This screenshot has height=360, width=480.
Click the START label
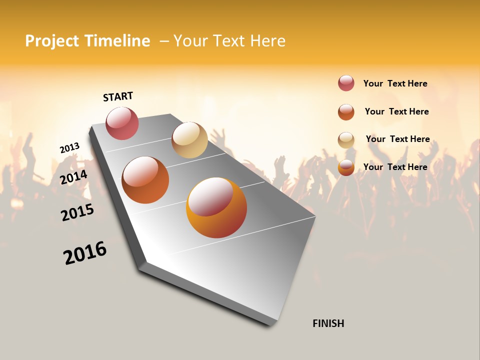pyautogui.click(x=118, y=96)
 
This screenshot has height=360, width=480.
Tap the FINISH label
pyautogui.click(x=328, y=323)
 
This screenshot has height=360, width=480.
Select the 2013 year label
pyautogui.click(x=69, y=148)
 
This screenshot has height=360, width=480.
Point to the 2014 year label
pyautogui.click(x=74, y=177)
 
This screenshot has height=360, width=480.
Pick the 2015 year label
pyautogui.click(x=77, y=212)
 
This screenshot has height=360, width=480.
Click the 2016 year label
pyautogui.click(x=85, y=253)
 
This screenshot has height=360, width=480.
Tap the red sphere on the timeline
pyautogui.click(x=122, y=123)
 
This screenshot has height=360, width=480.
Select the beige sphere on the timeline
pyautogui.click(x=189, y=140)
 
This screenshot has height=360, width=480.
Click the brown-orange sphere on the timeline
pyautogui.click(x=145, y=180)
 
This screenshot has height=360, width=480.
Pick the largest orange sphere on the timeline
pyautogui.click(x=216, y=207)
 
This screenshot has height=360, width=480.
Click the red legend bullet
pyautogui.click(x=346, y=83)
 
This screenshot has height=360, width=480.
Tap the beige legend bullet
pyautogui.click(x=346, y=140)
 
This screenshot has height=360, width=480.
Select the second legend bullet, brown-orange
pyautogui.click(x=346, y=112)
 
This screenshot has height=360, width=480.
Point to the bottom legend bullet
pyautogui.click(x=346, y=167)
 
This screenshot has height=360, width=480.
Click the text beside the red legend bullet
pyautogui.click(x=395, y=83)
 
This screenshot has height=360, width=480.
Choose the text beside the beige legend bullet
pyautogui.click(x=397, y=139)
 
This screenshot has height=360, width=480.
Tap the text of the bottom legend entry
pyautogui.click(x=395, y=167)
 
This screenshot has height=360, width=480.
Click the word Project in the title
pyautogui.click(x=52, y=41)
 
